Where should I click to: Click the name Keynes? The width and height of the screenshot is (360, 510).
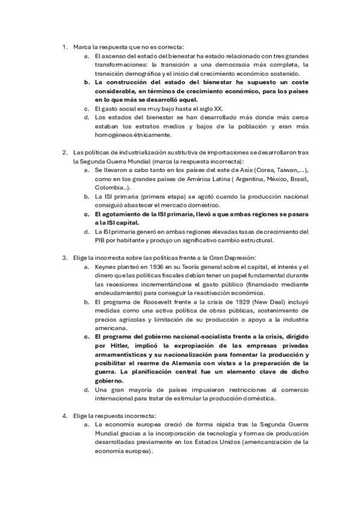click(x=106, y=266)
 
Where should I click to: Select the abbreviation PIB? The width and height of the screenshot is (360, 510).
click(x=102, y=241)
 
